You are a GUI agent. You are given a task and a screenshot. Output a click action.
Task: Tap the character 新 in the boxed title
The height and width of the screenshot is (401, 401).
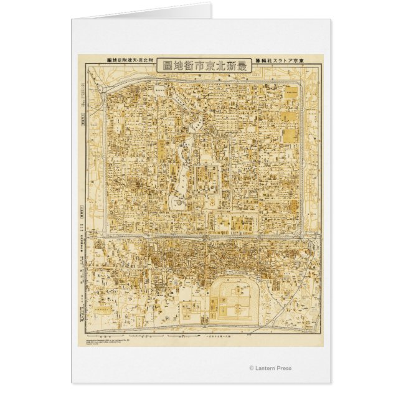click(x=233, y=65)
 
